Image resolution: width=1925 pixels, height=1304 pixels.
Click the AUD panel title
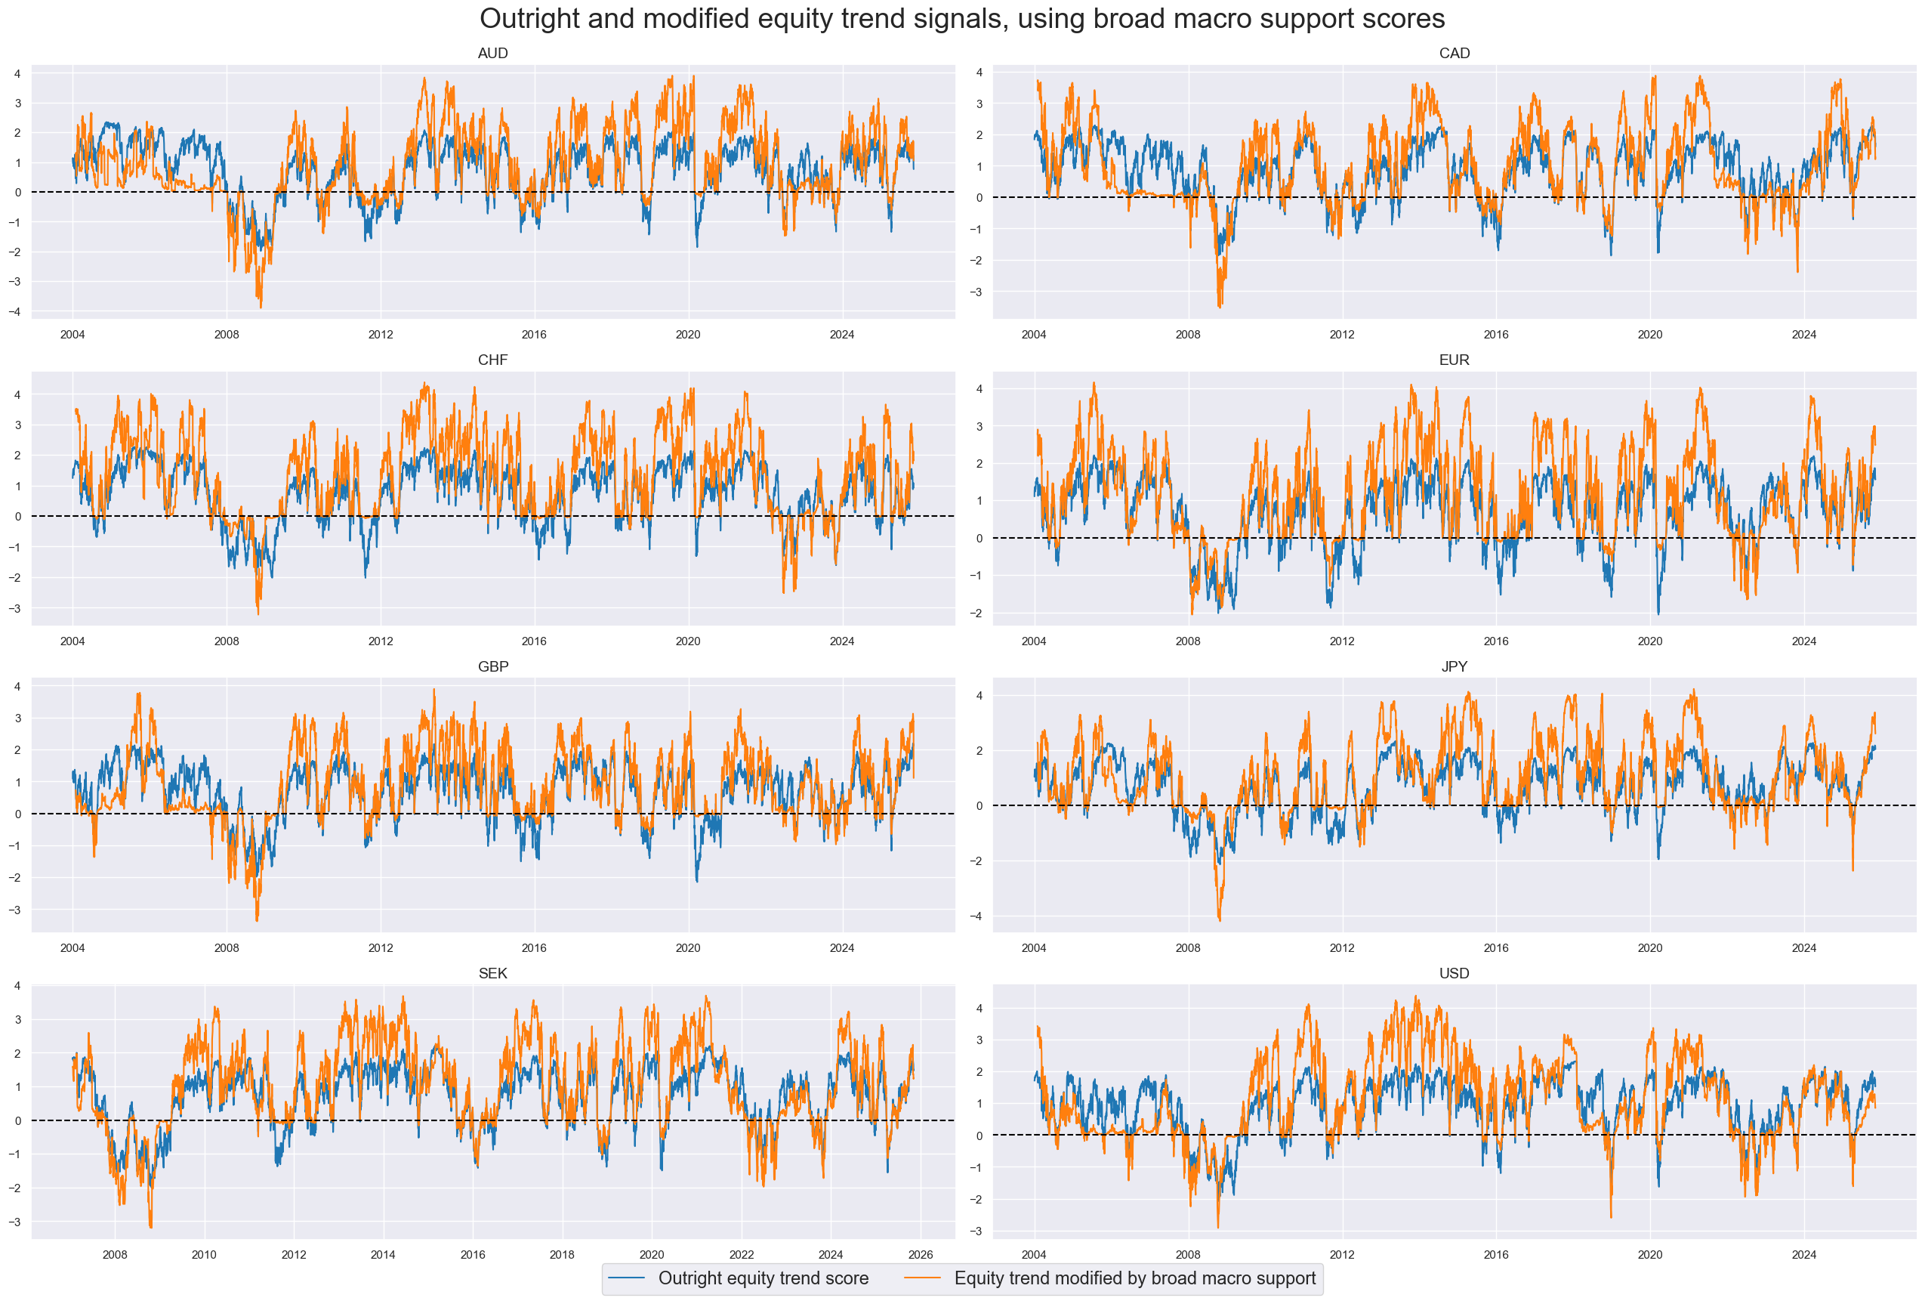(x=492, y=53)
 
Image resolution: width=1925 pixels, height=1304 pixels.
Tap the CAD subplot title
(x=1454, y=53)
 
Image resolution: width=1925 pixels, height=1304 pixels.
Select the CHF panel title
(x=492, y=360)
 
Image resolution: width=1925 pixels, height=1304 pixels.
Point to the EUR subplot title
(x=1454, y=360)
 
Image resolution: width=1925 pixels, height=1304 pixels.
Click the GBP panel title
(x=492, y=667)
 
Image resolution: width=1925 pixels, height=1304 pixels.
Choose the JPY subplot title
(x=1454, y=667)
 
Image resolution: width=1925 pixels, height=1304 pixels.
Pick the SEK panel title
(x=492, y=973)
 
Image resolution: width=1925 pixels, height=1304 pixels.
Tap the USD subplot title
(x=1454, y=973)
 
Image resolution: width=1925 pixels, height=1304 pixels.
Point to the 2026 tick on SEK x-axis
(x=921, y=1254)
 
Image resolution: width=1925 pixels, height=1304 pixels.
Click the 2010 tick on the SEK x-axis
(x=204, y=1254)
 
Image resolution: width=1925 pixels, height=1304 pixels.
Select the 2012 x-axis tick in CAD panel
(x=1342, y=335)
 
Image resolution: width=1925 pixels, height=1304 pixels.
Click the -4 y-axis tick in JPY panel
(x=979, y=916)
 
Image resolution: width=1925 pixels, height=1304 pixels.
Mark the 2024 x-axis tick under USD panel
(x=1803, y=1254)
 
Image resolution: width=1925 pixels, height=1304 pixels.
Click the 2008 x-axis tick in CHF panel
(x=226, y=641)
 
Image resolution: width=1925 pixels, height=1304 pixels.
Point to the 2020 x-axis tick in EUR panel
(x=1649, y=641)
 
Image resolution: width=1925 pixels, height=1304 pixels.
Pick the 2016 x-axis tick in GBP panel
(x=533, y=947)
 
